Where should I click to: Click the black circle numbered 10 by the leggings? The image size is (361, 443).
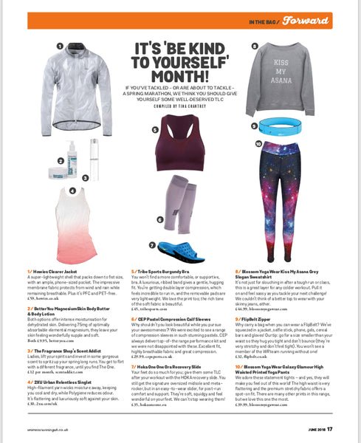[x=258, y=144]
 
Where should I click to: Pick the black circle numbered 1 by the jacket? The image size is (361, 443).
[x=59, y=45]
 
